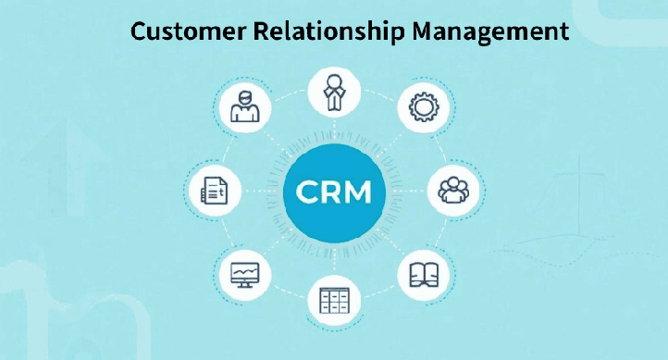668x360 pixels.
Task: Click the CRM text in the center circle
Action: pos(334,192)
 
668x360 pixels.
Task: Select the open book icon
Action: pos(423,274)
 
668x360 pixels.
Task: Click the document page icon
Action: pos(214,191)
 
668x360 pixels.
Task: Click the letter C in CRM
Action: pos(305,192)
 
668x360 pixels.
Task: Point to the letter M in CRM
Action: pos(359,192)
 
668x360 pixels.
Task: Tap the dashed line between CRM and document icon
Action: pos(259,191)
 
